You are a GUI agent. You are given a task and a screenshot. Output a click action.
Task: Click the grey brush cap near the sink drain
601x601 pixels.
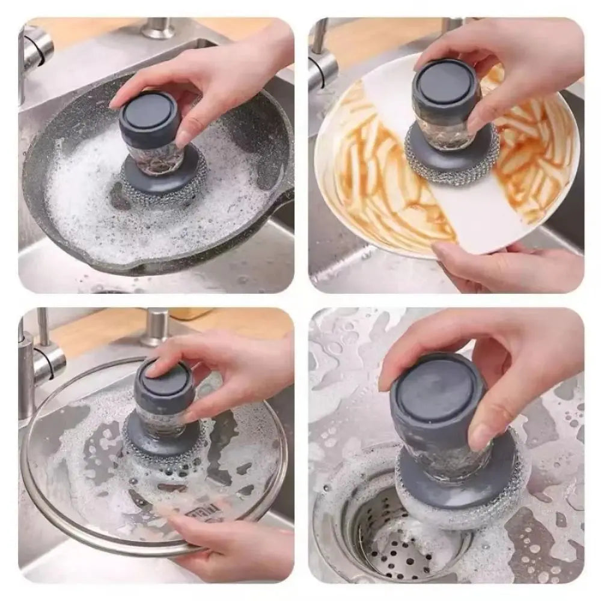pos(436,397)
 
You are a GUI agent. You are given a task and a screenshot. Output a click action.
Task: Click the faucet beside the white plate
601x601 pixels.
pos(323,60)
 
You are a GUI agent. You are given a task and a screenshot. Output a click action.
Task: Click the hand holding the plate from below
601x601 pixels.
pos(505,264)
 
